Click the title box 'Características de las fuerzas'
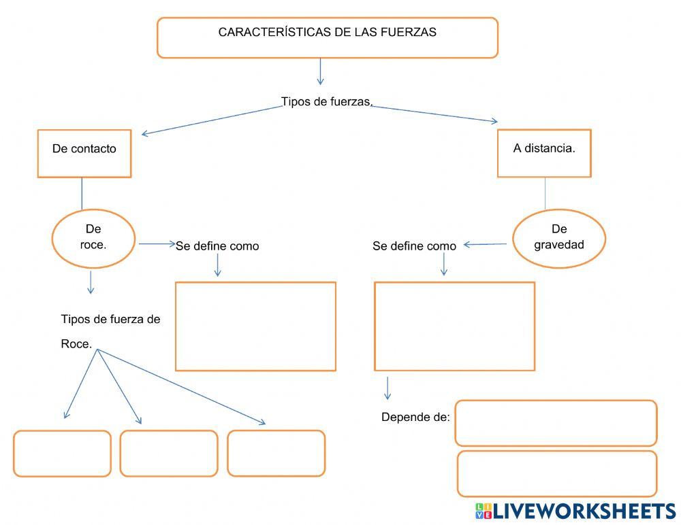pyautogui.click(x=328, y=37)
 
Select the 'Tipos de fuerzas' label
pyautogui.click(x=327, y=102)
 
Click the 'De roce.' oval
pyautogui.click(x=95, y=237)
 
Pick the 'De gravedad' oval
pyautogui.click(x=559, y=237)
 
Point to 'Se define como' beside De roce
pyautogui.click(x=217, y=246)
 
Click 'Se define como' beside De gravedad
pyautogui.click(x=414, y=246)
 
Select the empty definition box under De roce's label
pyautogui.click(x=255, y=326)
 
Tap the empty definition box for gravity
pyautogui.click(x=455, y=326)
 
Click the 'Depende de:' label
pyautogui.click(x=415, y=417)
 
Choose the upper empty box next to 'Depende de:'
pyautogui.click(x=556, y=423)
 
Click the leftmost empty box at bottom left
pyautogui.click(x=62, y=453)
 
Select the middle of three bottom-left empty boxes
pyautogui.click(x=169, y=453)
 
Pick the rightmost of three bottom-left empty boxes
pyautogui.click(x=276, y=453)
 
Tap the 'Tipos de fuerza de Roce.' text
pyautogui.click(x=110, y=331)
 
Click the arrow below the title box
pyautogui.click(x=321, y=71)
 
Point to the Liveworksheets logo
pyautogui.click(x=575, y=511)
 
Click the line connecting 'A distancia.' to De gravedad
pyautogui.click(x=545, y=193)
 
